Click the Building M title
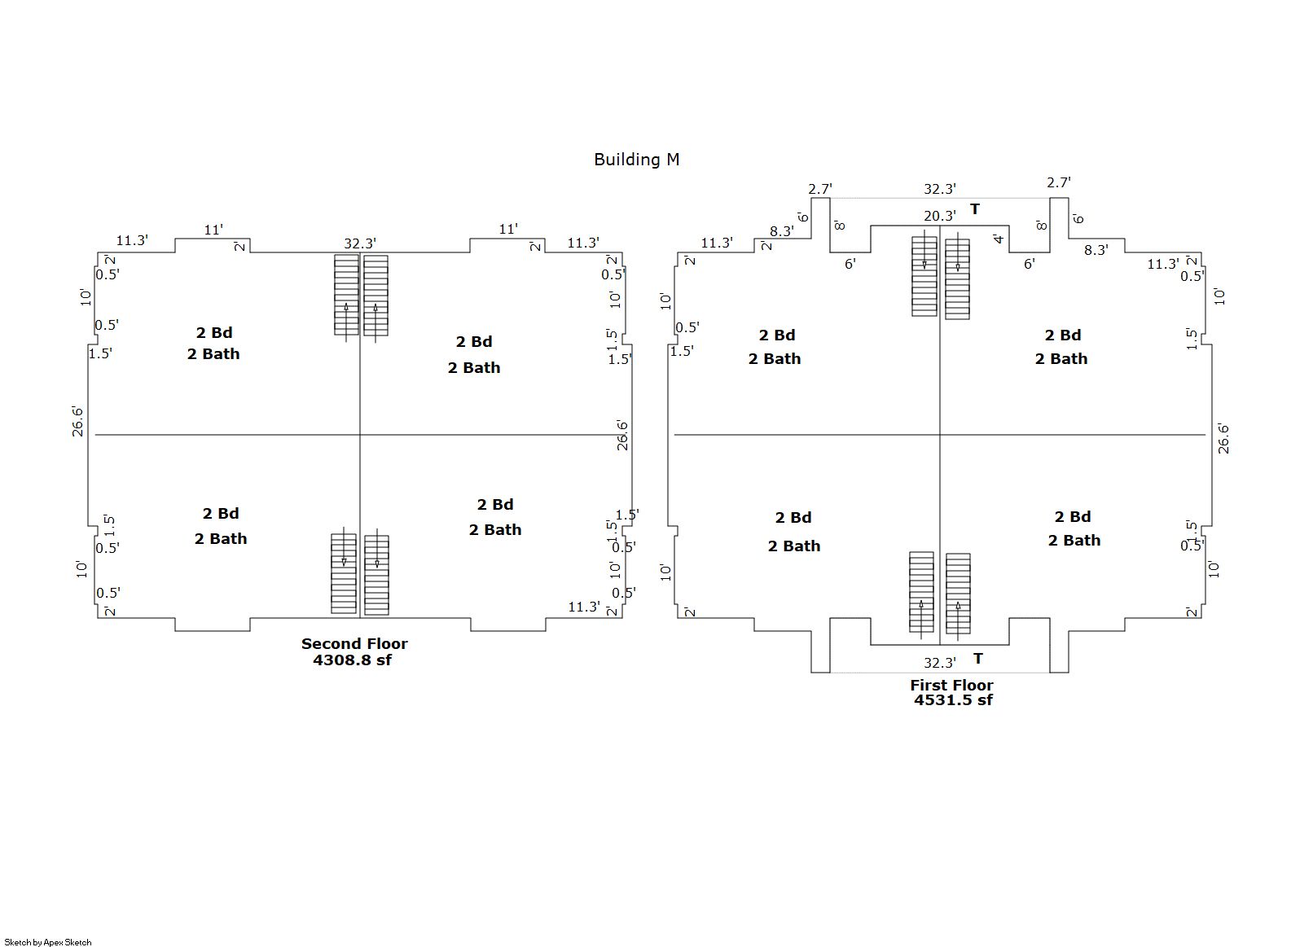636,160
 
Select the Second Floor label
354,643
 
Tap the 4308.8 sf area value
352,660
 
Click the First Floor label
951,685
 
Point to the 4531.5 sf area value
953,700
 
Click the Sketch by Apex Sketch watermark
48,942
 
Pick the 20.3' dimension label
939,216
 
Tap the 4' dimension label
999,239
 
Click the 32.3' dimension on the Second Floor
359,243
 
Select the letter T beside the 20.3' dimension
974,210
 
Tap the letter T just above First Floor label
977,659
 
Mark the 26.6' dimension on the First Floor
1223,438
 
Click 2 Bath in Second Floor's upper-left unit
213,354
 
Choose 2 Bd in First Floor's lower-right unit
1073,517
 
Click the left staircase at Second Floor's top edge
346,295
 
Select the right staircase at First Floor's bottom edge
958,593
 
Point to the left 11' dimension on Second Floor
213,230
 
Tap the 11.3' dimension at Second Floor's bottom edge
584,607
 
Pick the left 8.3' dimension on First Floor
782,231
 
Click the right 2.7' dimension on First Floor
1059,182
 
